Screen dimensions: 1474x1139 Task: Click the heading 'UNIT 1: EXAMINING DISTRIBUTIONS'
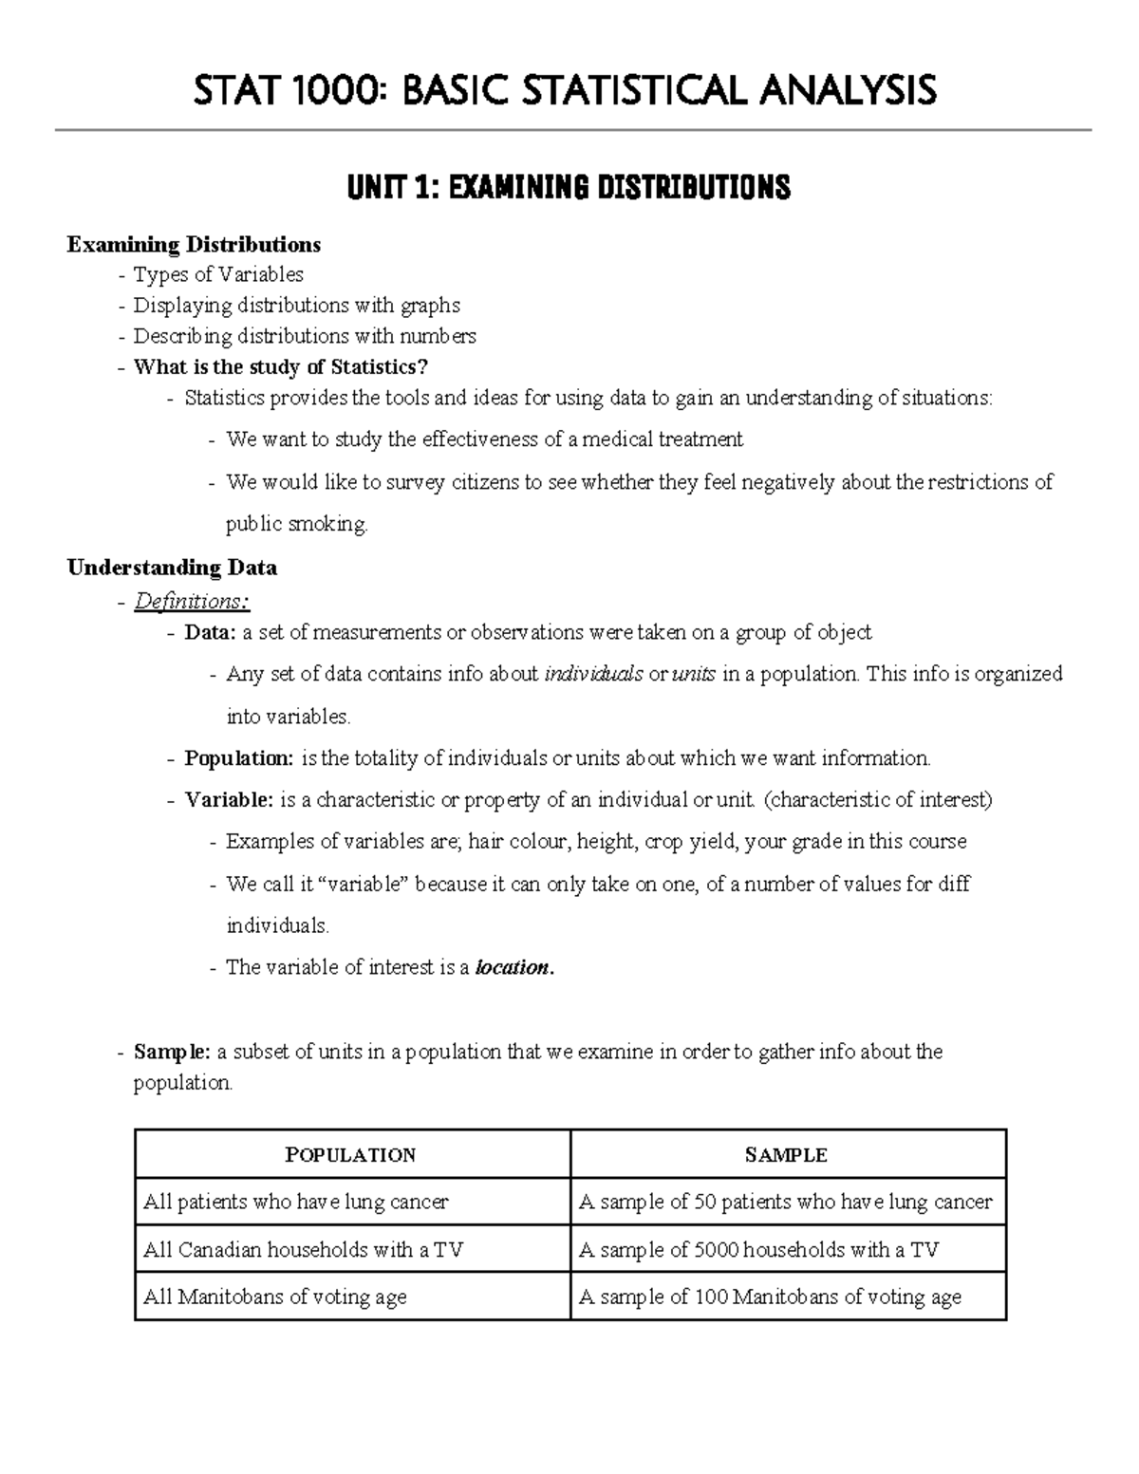coord(569,188)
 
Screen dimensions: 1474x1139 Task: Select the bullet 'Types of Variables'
coord(218,274)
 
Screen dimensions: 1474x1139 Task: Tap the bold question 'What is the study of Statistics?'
coord(274,366)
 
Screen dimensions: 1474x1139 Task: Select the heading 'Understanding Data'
coord(172,568)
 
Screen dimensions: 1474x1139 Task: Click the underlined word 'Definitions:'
coord(192,601)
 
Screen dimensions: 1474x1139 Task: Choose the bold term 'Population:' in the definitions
coord(239,758)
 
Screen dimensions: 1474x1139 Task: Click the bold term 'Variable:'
coord(229,800)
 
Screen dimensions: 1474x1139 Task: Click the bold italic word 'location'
coord(513,968)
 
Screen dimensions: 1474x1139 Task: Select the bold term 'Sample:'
coord(172,1052)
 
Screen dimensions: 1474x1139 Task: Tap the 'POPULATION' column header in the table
coord(351,1155)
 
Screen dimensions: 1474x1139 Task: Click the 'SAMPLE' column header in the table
coord(786,1155)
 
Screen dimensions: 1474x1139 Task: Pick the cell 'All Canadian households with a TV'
coord(303,1250)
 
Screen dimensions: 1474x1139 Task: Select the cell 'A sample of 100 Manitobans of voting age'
coord(770,1297)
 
